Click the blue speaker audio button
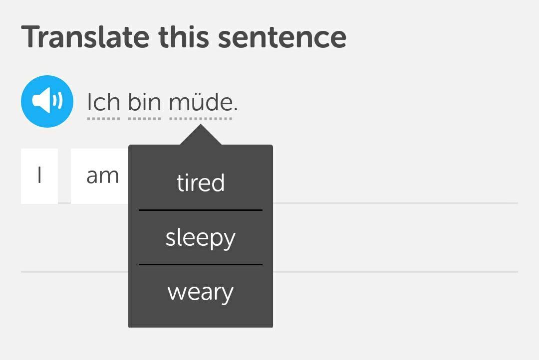pyautogui.click(x=47, y=101)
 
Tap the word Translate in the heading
pyautogui.click(x=85, y=37)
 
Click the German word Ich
pyautogui.click(x=103, y=102)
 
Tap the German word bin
pyautogui.click(x=144, y=102)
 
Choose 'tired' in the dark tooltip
pyautogui.click(x=201, y=182)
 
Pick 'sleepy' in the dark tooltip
pyautogui.click(x=201, y=238)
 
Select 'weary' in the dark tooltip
pyautogui.click(x=201, y=293)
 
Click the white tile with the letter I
pyautogui.click(x=39, y=176)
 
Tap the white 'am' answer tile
pyautogui.click(x=100, y=176)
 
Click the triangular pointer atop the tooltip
pyautogui.click(x=201, y=135)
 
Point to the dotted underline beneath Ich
pyautogui.click(x=103, y=119)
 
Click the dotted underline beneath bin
pyautogui.click(x=144, y=119)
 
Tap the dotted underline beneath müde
pyautogui.click(x=201, y=119)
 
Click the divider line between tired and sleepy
pyautogui.click(x=201, y=210)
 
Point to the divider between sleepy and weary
pyautogui.click(x=201, y=264)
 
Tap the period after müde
pyautogui.click(x=236, y=110)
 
